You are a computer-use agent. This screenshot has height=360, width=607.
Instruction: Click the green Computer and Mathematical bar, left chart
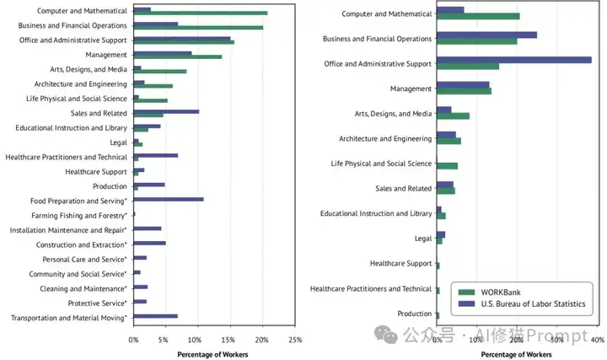point(201,13)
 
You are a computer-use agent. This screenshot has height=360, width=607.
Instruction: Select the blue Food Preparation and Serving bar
point(169,199)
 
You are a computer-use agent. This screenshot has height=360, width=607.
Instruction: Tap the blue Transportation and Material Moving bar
point(156,316)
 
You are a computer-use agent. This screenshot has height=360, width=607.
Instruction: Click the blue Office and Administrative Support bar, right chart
point(513,60)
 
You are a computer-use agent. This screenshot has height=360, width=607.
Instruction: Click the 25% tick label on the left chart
point(295,340)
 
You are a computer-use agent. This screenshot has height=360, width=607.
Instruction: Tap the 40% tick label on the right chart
point(596,340)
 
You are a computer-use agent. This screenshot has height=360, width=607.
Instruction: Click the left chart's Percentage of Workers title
point(212,353)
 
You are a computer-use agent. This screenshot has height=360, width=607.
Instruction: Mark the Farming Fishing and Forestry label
point(78,215)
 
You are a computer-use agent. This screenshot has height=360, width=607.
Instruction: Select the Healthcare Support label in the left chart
point(95,171)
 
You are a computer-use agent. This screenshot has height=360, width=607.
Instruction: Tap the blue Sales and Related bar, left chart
point(166,111)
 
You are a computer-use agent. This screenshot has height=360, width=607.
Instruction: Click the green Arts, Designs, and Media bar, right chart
point(453,116)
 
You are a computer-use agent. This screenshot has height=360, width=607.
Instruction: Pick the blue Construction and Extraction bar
point(149,243)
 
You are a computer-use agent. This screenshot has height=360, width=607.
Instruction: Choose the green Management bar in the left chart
point(177,56)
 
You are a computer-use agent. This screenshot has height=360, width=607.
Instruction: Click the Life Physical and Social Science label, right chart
point(381,164)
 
